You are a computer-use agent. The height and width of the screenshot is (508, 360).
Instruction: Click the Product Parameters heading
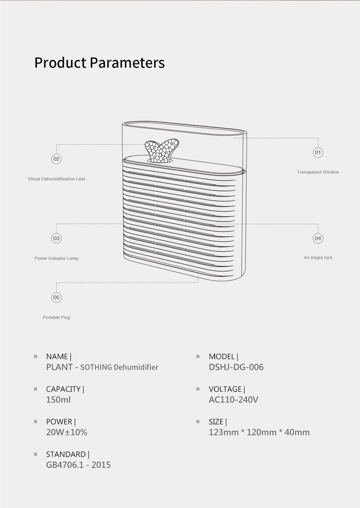coord(99,63)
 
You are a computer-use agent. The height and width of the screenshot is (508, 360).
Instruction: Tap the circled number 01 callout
coord(318,153)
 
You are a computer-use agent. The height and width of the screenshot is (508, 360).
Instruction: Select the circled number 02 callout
coord(56,159)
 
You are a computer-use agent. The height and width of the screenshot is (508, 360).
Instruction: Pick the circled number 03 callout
coord(56,238)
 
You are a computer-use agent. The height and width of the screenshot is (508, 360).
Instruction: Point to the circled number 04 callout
coord(318,238)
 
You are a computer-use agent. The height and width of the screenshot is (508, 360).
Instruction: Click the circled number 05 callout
coord(56,297)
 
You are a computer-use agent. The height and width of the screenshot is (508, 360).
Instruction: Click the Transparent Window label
coord(318,172)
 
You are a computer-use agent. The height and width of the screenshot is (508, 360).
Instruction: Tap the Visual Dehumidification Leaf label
coord(56,179)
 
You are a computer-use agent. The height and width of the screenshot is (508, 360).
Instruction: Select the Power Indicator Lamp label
coord(56,259)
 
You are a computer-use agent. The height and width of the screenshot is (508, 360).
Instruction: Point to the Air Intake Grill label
coord(318,258)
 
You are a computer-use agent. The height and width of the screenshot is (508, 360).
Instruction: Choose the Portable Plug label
coord(56,318)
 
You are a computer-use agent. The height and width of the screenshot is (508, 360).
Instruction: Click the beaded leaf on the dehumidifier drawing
coord(162,150)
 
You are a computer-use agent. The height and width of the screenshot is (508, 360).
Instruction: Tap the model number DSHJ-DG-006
coord(236,367)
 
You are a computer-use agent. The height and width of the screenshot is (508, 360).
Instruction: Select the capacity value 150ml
coord(58,400)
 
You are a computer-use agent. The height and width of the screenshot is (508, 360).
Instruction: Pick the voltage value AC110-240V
coord(233,400)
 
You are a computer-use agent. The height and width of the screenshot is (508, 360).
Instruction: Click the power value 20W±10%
coord(67,432)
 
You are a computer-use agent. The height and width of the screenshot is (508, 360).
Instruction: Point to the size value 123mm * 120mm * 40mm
coord(259,432)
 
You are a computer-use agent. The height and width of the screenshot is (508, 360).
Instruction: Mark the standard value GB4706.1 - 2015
coord(78,465)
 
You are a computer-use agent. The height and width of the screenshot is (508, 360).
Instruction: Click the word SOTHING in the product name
coord(96,367)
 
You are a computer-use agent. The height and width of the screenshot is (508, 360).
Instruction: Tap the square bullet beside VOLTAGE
coord(198,389)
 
